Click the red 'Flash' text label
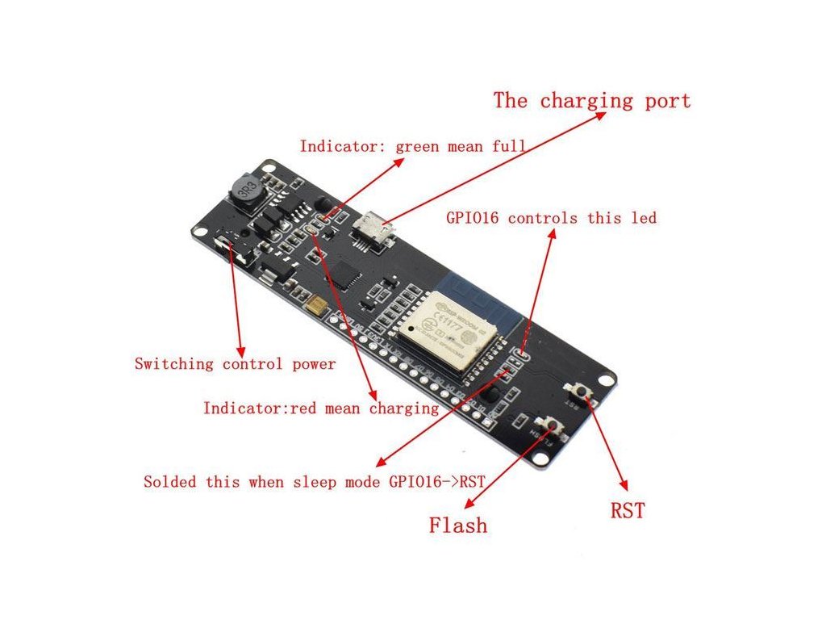[458, 526]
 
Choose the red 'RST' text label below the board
[628, 510]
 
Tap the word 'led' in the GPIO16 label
[645, 218]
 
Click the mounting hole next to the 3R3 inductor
[270, 172]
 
